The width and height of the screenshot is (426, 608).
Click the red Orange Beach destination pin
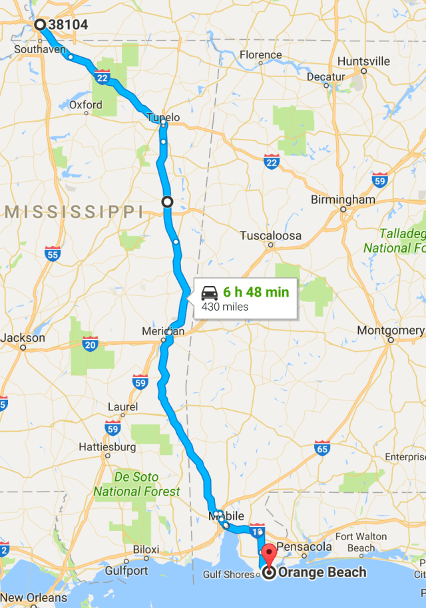click(269, 556)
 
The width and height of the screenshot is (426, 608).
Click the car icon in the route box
click(210, 292)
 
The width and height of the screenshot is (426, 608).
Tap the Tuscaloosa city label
click(270, 235)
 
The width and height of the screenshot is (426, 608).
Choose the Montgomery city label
click(390, 330)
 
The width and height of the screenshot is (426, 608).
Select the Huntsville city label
click(363, 61)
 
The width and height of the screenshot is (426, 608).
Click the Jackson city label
click(23, 337)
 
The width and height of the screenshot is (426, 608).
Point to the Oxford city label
click(86, 104)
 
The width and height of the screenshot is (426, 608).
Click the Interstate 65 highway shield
click(322, 450)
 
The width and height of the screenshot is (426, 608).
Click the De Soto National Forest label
click(136, 484)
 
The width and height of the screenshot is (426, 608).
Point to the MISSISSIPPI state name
click(74, 212)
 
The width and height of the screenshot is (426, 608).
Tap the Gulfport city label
click(126, 571)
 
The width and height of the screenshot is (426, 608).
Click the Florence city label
click(260, 55)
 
